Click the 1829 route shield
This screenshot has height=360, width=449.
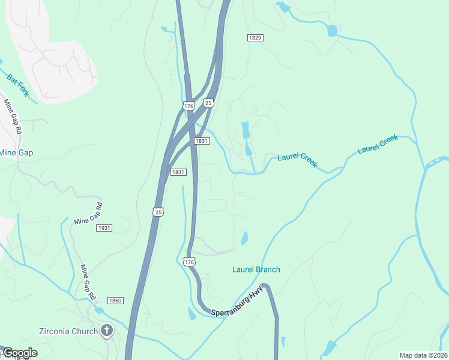[255, 38]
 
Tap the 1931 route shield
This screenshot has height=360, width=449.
[104, 228]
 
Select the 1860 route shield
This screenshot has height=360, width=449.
[115, 300]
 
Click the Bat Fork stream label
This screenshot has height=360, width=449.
[18, 85]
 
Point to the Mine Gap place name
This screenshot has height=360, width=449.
[16, 152]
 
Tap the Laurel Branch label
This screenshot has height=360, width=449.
[256, 269]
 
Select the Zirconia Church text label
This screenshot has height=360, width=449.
[68, 331]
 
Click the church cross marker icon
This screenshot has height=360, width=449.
[107, 330]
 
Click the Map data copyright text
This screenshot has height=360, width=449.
[424, 355]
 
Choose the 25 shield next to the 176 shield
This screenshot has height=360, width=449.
[208, 103]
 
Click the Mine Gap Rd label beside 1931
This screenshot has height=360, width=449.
[88, 214]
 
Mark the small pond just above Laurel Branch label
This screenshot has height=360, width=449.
[244, 239]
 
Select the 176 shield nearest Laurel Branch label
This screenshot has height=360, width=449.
[190, 262]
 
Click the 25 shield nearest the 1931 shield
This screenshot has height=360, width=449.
[158, 212]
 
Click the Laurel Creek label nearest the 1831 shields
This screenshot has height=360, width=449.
[297, 160]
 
